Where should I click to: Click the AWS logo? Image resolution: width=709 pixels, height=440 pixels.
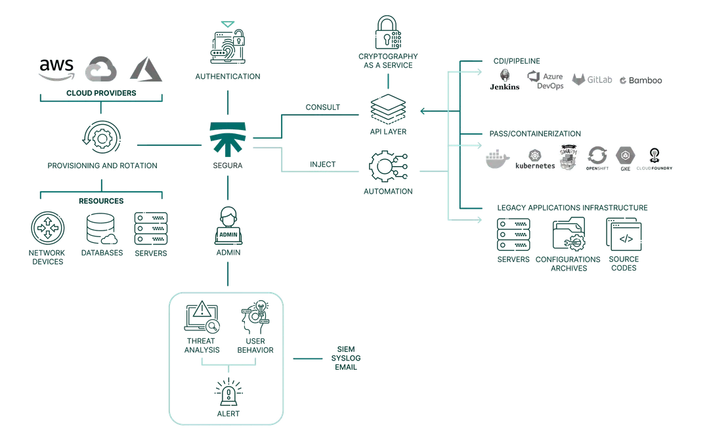pos(58,69)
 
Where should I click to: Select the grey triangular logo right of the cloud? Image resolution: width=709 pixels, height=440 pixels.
pos(145,70)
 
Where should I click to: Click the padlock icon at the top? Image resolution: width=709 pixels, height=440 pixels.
pos(388,30)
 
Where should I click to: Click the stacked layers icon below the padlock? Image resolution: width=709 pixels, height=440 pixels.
pos(388,108)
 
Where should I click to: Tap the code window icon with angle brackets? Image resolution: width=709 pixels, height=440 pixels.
pos(624,234)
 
